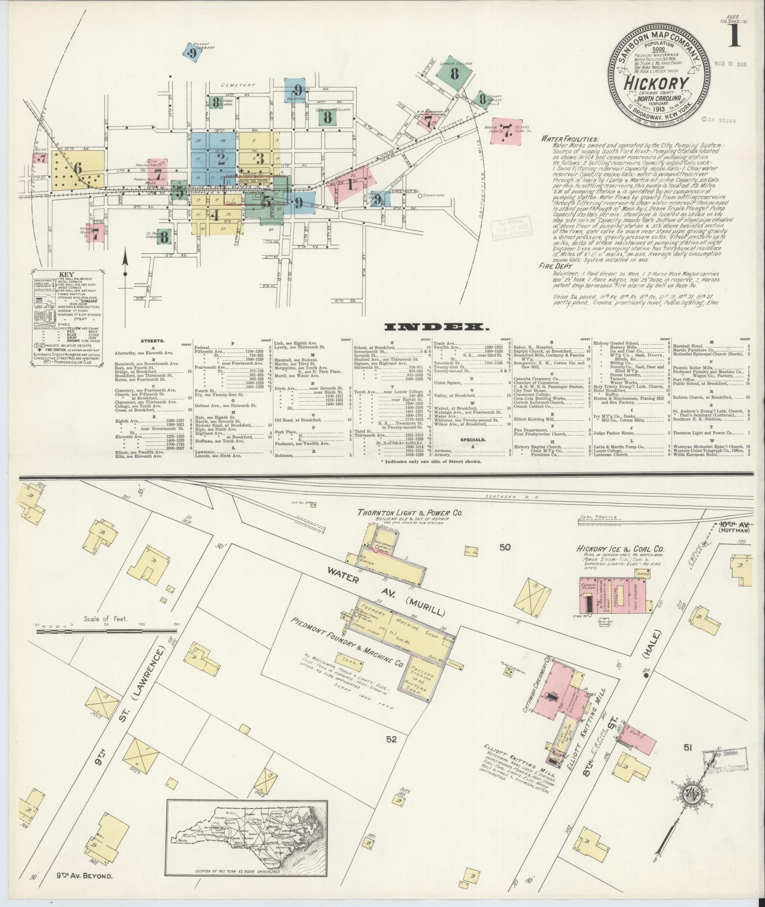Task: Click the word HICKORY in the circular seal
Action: (657, 82)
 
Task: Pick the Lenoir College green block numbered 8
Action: (454, 73)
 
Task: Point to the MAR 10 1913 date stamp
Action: (730, 64)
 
